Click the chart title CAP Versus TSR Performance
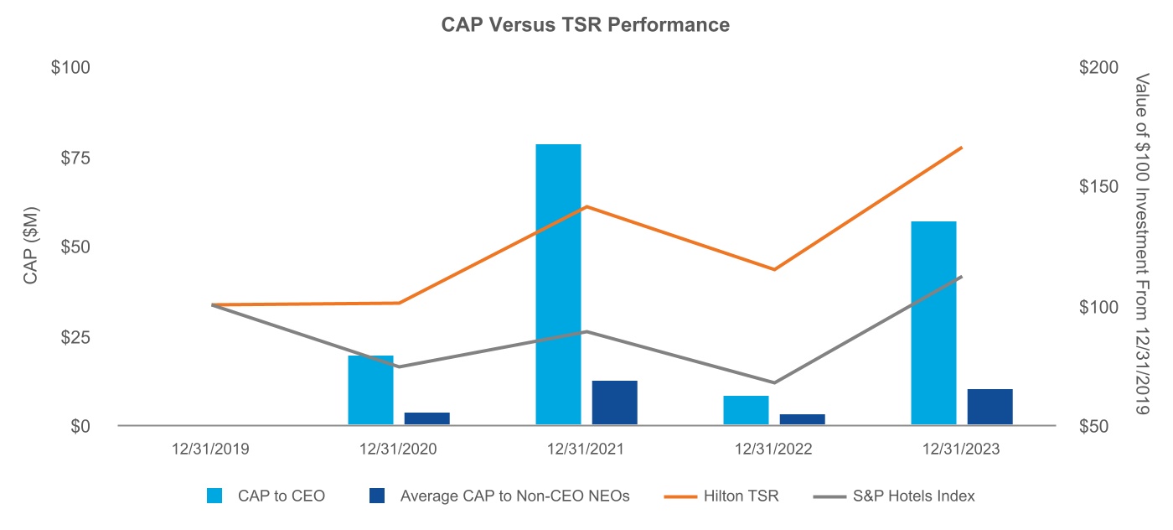pyautogui.click(x=586, y=25)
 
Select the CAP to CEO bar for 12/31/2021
pyautogui.click(x=558, y=285)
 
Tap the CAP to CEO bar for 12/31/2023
pyautogui.click(x=933, y=323)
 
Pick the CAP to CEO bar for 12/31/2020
pyautogui.click(x=370, y=390)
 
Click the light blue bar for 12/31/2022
pyautogui.click(x=746, y=410)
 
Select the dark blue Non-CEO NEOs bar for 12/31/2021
pyautogui.click(x=614, y=403)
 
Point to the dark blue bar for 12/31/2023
pyautogui.click(x=990, y=407)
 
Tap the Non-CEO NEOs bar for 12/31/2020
pyautogui.click(x=426, y=418)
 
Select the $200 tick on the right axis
pyautogui.click(x=1098, y=67)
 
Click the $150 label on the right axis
pyautogui.click(x=1098, y=187)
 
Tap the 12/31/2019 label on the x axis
pyautogui.click(x=210, y=449)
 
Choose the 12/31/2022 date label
pyautogui.click(x=773, y=449)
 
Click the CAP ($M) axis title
pyautogui.click(x=31, y=247)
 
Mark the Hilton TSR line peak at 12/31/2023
pyautogui.click(x=961, y=148)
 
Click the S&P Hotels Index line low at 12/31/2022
pyautogui.click(x=773, y=382)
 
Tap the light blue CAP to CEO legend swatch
pyautogui.click(x=215, y=496)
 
